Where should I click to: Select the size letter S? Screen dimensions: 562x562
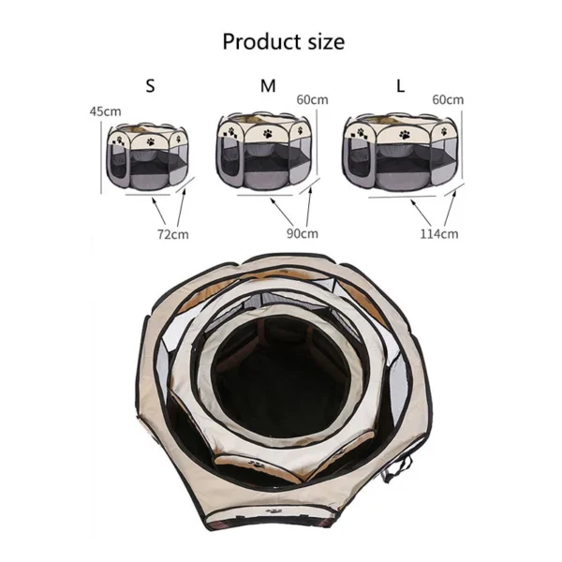[x=151, y=86]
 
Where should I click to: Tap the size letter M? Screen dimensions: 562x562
[x=269, y=86]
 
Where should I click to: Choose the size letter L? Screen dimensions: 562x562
[x=400, y=86]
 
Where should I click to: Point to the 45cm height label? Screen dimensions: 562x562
[x=111, y=112]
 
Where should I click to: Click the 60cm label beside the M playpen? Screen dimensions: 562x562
[x=312, y=99]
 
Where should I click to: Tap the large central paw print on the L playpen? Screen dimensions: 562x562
[x=405, y=135]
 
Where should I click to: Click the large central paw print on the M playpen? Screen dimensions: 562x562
[x=273, y=135]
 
